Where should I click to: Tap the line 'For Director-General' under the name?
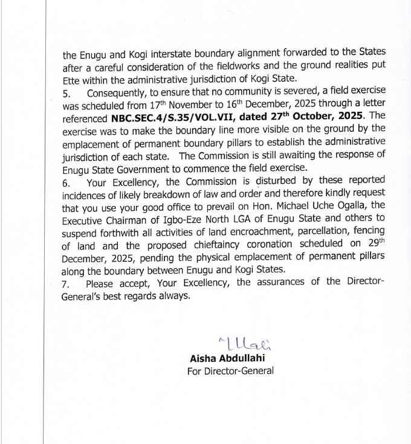230,370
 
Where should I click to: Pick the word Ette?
72,78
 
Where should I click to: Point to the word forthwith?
120,231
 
